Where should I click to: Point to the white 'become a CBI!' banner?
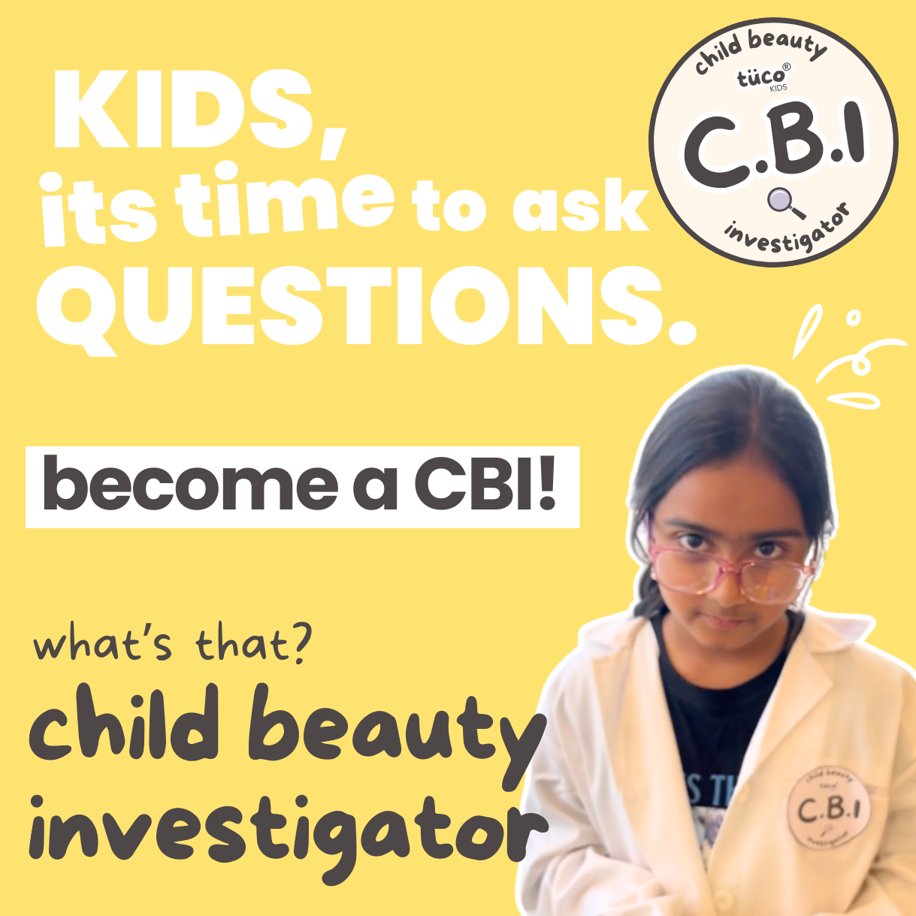pos(302,487)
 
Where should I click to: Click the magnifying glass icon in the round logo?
pos(784,204)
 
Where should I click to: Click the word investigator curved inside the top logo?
pos(787,233)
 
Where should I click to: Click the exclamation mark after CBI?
pos(546,483)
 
